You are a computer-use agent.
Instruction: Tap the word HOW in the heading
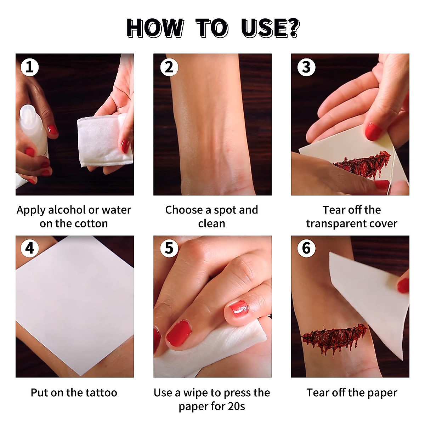point(155,28)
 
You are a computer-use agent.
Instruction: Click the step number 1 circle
point(29,67)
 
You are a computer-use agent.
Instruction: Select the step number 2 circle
point(169,67)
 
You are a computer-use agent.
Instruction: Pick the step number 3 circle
point(306,67)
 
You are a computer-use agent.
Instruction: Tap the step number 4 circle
point(29,248)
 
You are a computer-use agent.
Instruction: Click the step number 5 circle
point(169,248)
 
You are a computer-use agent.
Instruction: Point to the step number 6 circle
point(306,248)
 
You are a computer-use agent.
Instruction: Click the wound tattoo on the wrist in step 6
point(334,337)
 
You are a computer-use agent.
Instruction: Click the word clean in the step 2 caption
point(211,223)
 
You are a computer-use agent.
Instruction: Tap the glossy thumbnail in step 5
point(239,308)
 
